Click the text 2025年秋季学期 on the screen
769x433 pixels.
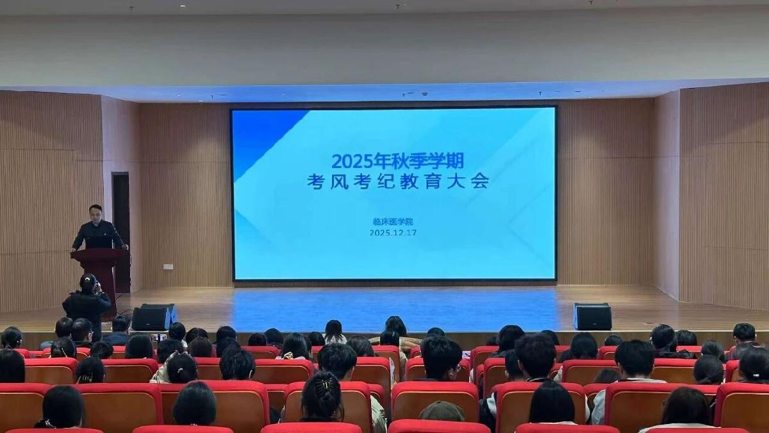coord(397,160)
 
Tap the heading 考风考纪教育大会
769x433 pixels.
coord(397,181)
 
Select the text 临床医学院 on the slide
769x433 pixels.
coord(393,221)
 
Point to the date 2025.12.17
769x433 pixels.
coord(393,232)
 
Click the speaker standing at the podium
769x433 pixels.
coord(97,230)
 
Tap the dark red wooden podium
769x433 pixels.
coord(100,269)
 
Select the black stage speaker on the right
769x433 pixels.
coord(592,316)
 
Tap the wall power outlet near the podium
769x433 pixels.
coord(168,266)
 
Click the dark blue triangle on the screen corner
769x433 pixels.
coord(260,138)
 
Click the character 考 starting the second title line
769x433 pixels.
coord(315,181)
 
